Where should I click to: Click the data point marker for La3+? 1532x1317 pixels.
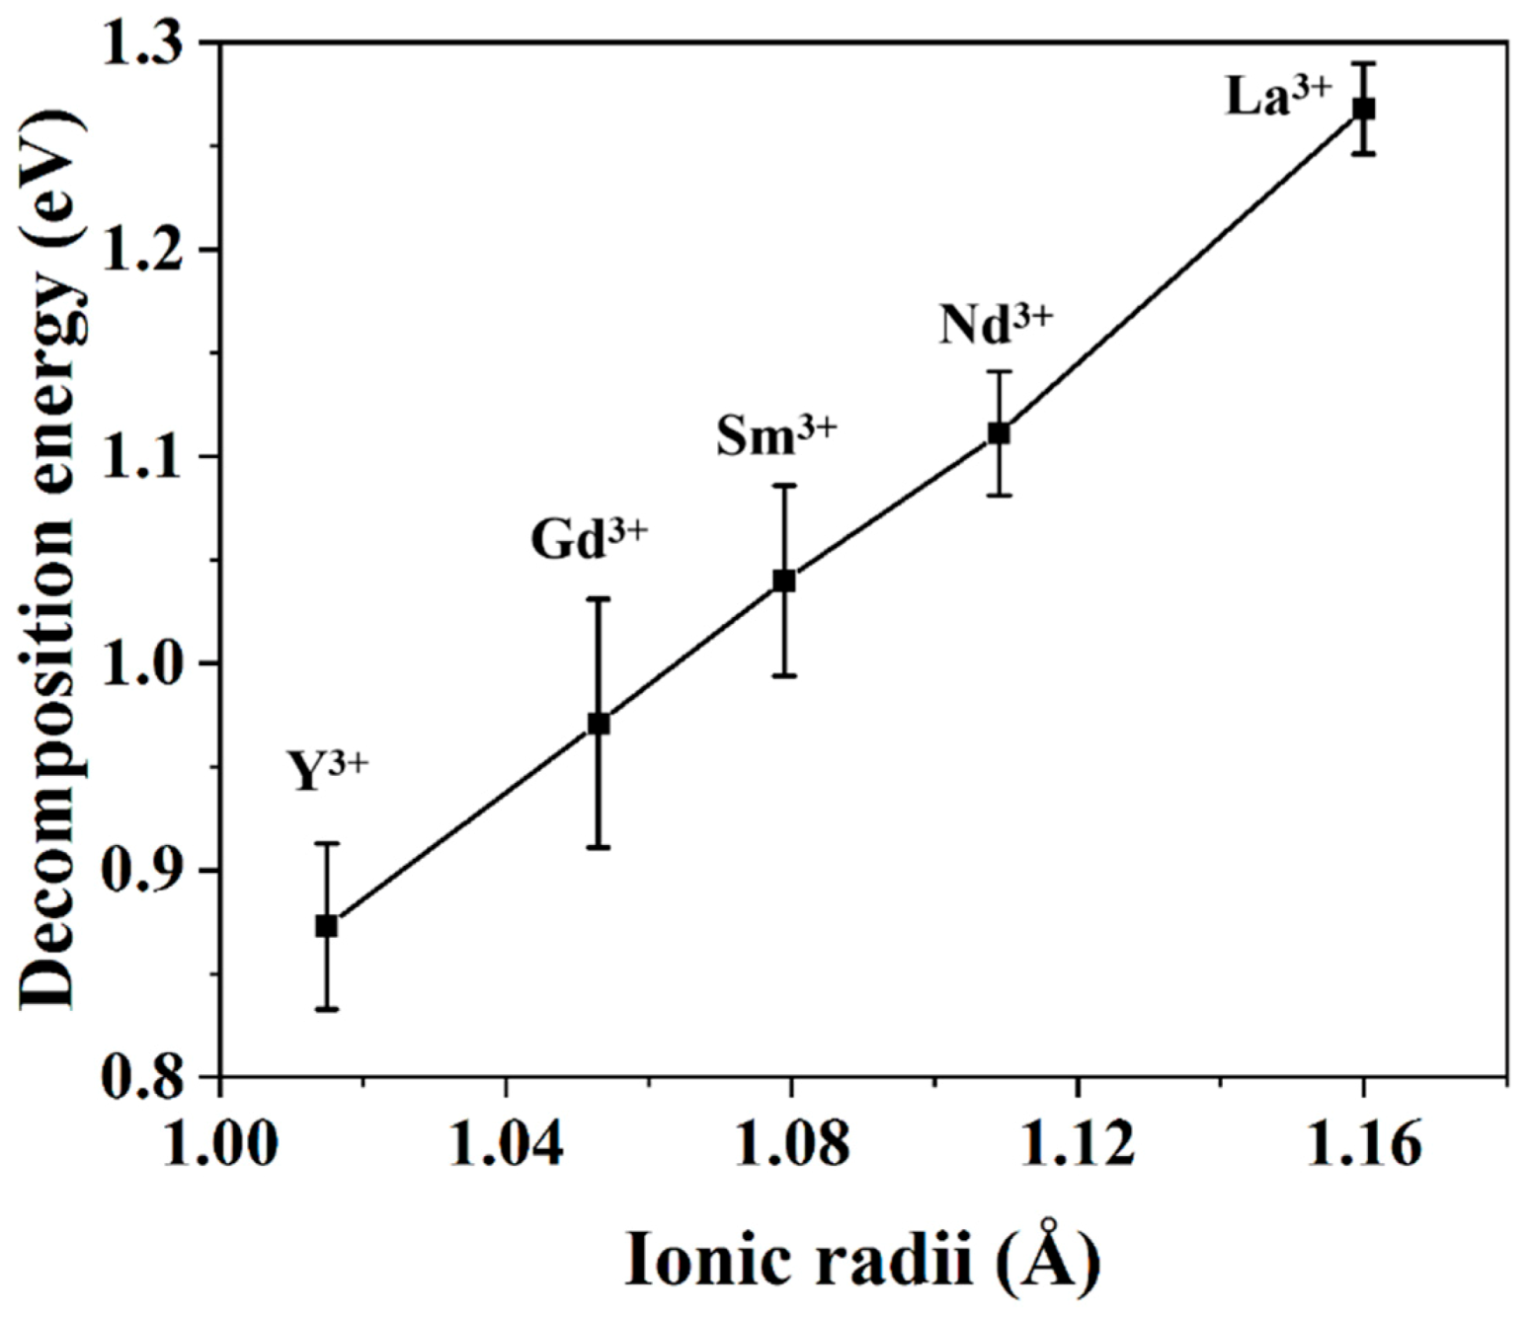[x=1363, y=109]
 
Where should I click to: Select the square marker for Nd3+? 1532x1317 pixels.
[x=999, y=432]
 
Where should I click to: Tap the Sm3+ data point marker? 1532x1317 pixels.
[x=784, y=581]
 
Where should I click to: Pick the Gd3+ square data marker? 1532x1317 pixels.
[x=599, y=723]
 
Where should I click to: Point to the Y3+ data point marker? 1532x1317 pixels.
[x=327, y=926]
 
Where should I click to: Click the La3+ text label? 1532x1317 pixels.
[x=1278, y=97]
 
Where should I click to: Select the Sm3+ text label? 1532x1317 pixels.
[x=776, y=435]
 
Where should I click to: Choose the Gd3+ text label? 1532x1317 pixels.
[x=589, y=539]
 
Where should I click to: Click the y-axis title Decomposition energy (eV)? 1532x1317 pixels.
[x=49, y=559]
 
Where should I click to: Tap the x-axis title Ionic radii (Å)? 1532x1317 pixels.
[x=862, y=1259]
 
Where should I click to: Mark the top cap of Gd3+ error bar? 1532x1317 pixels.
[x=599, y=598]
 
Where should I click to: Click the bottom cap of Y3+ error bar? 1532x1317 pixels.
[x=327, y=1009]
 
